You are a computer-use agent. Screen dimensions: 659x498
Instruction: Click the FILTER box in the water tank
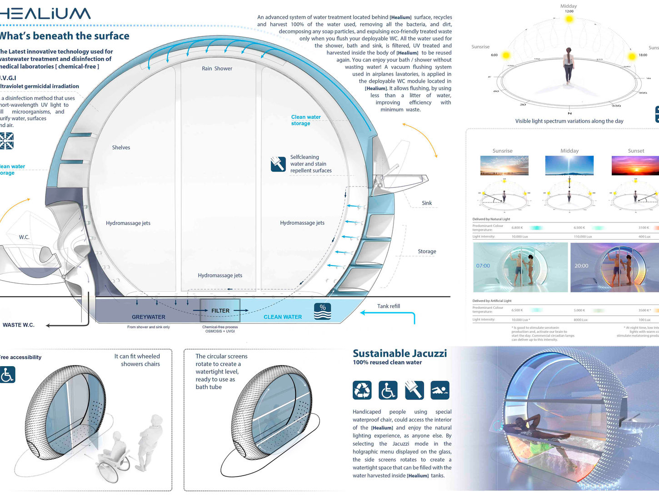pyautogui.click(x=220, y=311)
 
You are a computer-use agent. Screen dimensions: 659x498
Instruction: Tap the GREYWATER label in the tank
pyautogui.click(x=148, y=317)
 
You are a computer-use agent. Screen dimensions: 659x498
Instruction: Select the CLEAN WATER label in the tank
pyautogui.click(x=283, y=317)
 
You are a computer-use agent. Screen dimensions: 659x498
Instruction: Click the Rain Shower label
pyautogui.click(x=217, y=69)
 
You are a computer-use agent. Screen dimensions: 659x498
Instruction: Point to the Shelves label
pyautogui.click(x=121, y=147)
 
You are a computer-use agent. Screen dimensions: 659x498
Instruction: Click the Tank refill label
pyautogui.click(x=389, y=306)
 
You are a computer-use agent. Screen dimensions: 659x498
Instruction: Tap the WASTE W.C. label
pyautogui.click(x=18, y=325)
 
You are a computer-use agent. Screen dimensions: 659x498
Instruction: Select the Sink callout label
pyautogui.click(x=427, y=203)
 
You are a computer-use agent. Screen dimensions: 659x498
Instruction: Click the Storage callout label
pyautogui.click(x=427, y=251)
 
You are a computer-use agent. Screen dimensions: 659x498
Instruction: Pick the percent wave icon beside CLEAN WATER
pyautogui.click(x=323, y=311)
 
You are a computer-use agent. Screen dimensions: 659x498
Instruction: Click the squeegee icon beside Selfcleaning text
pyautogui.click(x=278, y=164)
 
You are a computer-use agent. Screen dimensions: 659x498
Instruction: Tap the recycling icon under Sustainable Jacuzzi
pyautogui.click(x=362, y=390)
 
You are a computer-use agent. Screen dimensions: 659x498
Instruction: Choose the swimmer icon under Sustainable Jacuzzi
pyautogui.click(x=440, y=390)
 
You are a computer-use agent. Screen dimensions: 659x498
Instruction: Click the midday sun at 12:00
pyautogui.click(x=569, y=19)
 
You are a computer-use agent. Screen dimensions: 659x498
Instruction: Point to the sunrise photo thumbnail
pyautogui.click(x=504, y=166)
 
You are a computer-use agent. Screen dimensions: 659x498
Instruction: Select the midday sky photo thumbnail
pyautogui.click(x=569, y=166)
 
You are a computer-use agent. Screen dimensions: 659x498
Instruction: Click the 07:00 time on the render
pyautogui.click(x=483, y=266)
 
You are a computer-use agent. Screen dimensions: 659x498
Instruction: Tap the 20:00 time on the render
pyautogui.click(x=581, y=266)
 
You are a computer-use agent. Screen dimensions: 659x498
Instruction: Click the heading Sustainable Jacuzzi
pyautogui.click(x=400, y=353)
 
